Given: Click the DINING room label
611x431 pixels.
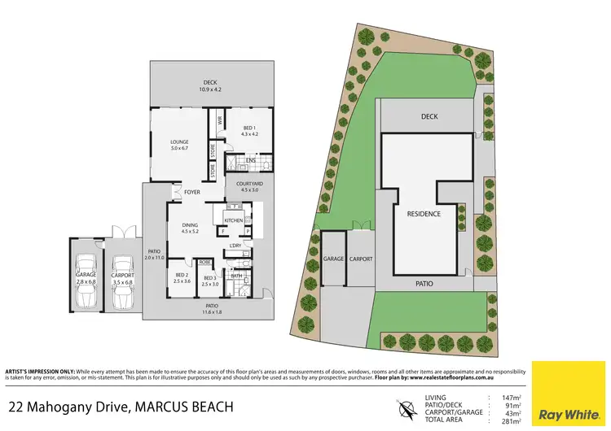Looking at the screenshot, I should (x=189, y=228).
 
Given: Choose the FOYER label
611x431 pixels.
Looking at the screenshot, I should (x=191, y=193).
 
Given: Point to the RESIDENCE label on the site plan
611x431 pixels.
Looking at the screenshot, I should (x=424, y=214).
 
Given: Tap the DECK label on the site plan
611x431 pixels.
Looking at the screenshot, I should (x=429, y=116).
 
